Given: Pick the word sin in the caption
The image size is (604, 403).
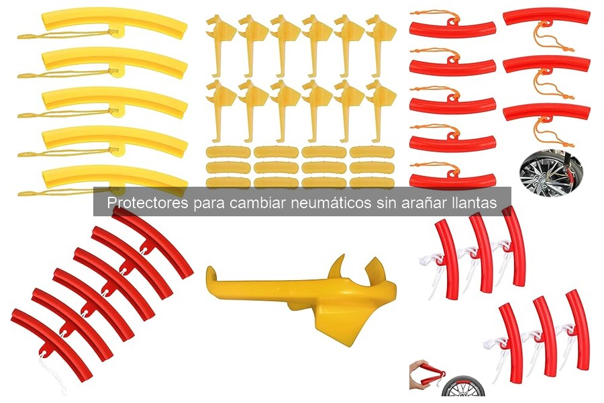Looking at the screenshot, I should (x=384, y=203).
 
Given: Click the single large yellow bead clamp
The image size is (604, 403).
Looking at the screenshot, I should (x=302, y=296).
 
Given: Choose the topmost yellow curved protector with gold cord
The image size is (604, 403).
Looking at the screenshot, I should (x=114, y=22).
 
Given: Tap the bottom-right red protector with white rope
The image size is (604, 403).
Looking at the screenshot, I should (x=577, y=329).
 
